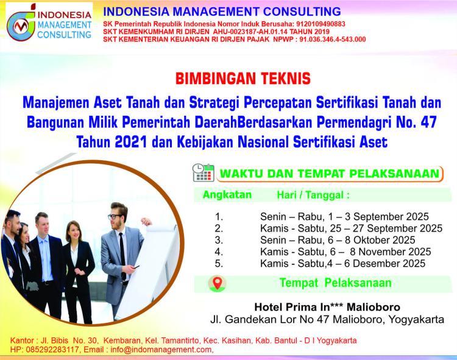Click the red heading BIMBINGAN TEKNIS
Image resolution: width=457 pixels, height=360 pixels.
[x=243, y=79]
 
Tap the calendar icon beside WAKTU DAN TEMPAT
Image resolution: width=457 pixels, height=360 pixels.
[x=203, y=173]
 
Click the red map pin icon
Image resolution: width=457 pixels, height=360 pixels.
[x=218, y=283]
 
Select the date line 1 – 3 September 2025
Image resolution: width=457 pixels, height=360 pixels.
[x=344, y=217]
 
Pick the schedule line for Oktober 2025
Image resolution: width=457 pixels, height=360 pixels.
[x=338, y=240]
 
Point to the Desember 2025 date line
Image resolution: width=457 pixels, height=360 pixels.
[x=342, y=263]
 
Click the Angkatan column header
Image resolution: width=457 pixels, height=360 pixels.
[x=227, y=194]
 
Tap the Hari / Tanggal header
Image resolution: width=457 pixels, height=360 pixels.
[x=313, y=195]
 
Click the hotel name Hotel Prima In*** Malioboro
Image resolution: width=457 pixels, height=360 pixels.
[x=327, y=307]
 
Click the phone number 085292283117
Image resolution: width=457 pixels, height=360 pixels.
[x=52, y=349]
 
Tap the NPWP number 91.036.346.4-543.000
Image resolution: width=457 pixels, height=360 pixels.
[x=332, y=40]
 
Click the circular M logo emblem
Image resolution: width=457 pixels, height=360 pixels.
[x=21, y=26]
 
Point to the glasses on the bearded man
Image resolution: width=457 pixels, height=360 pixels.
[x=115, y=216]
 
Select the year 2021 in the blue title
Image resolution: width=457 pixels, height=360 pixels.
[x=131, y=142]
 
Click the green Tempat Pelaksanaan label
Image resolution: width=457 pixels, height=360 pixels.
[x=336, y=283]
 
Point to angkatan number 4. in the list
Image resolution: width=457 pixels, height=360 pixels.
[x=219, y=252]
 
